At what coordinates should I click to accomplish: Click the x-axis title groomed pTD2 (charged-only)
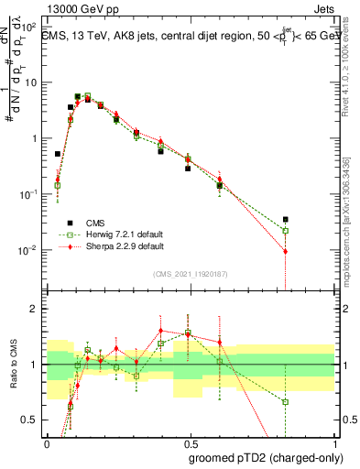[266, 458]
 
